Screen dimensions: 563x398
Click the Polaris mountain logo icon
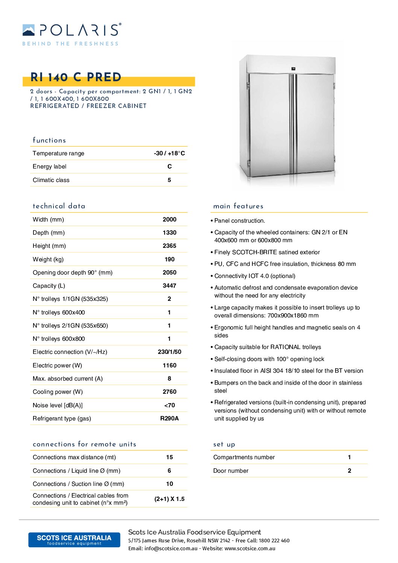point(29,30)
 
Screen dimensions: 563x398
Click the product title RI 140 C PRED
point(76,77)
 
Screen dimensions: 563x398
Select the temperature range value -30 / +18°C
point(169,153)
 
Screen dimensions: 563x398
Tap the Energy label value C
point(169,166)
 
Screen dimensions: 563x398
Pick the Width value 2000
point(169,219)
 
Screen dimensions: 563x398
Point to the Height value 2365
point(169,246)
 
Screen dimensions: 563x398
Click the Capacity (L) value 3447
point(169,285)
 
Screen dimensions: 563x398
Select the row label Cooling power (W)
point(58,392)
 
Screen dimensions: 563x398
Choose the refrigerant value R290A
point(169,418)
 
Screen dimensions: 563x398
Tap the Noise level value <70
point(169,405)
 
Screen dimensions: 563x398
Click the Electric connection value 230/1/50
point(169,352)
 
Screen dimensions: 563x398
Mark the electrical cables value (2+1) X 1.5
point(169,499)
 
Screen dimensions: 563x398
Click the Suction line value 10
point(169,484)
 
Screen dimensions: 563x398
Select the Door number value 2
point(349,470)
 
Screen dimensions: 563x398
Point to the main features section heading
point(238,206)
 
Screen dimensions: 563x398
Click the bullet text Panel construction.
point(240,220)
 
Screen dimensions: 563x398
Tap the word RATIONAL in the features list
point(285,347)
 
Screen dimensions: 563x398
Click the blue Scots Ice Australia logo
point(74,540)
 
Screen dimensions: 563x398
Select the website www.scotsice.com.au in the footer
point(250,548)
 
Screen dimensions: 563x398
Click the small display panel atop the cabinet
point(293,69)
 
